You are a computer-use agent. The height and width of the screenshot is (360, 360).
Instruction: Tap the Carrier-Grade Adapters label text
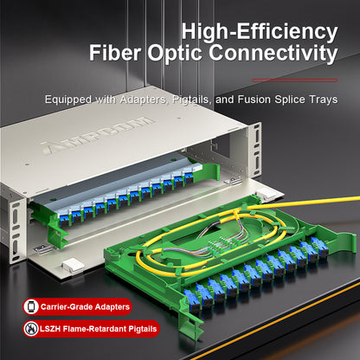[x=84, y=306]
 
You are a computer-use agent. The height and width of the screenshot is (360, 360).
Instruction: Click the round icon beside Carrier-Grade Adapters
[x=31, y=306]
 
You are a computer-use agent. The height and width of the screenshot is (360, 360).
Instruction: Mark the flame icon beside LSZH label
[x=31, y=329]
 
